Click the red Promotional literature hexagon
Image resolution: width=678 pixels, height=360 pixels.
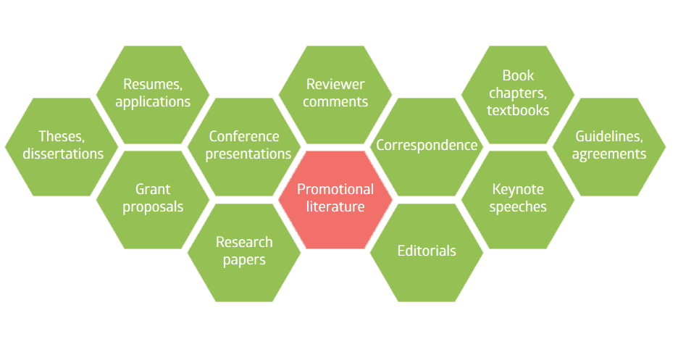tap(335, 200)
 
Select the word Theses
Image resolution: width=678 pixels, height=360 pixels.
tap(62, 137)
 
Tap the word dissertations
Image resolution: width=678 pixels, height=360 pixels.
tap(63, 154)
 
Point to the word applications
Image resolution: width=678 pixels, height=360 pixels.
tap(153, 102)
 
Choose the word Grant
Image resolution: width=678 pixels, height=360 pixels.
tap(153, 189)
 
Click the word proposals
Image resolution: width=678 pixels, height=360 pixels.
tap(153, 207)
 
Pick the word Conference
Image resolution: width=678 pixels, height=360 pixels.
tap(244, 137)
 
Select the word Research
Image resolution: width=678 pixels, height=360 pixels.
tap(244, 242)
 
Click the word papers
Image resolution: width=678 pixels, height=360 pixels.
tap(244, 261)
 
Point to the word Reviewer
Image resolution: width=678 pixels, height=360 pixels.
tap(335, 84)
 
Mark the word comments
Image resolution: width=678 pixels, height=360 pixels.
tap(335, 102)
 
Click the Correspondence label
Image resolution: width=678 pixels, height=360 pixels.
tap(427, 146)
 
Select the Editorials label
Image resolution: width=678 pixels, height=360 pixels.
tap(427, 251)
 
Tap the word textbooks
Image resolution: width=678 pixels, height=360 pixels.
tap(518, 111)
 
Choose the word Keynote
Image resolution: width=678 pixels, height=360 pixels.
tap(518, 189)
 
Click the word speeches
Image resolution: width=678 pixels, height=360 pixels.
tap(518, 207)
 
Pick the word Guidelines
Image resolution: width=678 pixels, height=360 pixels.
tap(608, 137)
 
